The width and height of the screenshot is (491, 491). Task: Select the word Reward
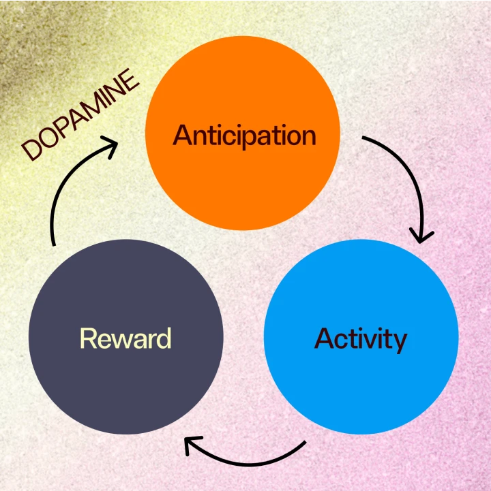click(125, 338)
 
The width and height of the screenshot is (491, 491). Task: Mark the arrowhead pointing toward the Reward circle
click(193, 446)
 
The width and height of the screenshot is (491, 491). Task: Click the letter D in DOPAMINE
click(31, 151)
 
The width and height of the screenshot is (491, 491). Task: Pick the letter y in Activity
click(399, 341)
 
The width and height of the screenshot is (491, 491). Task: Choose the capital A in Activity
click(325, 338)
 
